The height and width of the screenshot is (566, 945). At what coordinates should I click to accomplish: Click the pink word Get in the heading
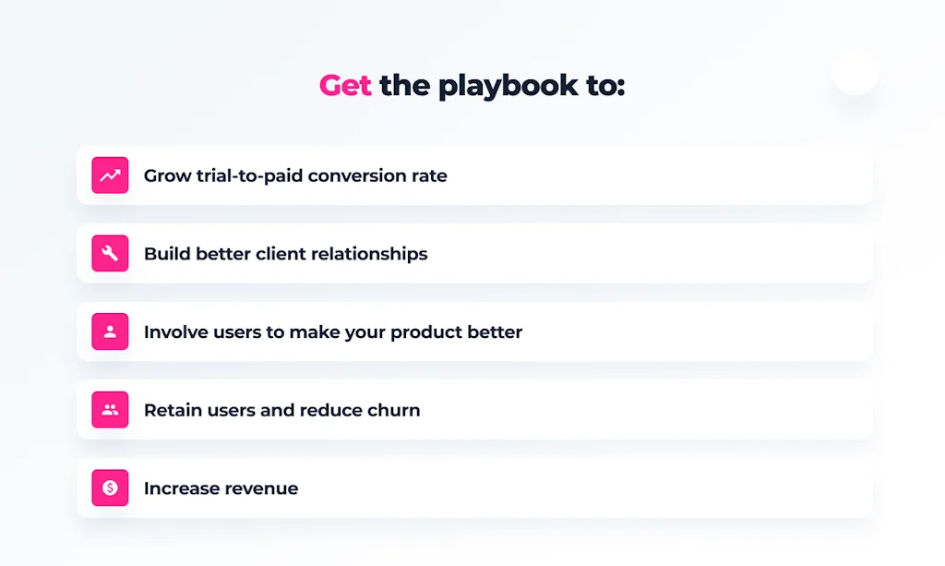point(345,85)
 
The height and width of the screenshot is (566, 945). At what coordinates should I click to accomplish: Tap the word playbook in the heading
point(508,86)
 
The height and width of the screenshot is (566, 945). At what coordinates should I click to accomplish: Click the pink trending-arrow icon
point(110,175)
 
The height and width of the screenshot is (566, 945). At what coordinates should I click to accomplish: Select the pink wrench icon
point(110,253)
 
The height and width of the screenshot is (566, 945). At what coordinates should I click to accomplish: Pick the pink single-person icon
point(110,331)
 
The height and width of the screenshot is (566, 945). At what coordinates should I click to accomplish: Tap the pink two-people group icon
point(110,410)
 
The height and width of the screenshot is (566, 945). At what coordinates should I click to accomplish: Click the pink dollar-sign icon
point(110,488)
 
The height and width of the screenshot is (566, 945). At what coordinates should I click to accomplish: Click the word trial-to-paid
point(249,176)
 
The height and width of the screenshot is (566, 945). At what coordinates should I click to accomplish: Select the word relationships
point(369,254)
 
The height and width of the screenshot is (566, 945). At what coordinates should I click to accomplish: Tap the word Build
point(166,254)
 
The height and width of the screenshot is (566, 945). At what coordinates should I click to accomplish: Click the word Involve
point(172,332)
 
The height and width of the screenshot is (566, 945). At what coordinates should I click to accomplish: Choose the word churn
point(394,410)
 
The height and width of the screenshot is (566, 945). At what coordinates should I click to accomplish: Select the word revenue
point(265,488)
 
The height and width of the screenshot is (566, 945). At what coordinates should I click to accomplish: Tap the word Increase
point(185,488)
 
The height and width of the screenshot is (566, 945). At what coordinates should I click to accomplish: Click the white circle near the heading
point(855,72)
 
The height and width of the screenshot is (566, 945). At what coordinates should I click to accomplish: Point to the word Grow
point(168,176)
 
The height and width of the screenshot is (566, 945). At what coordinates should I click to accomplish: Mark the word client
point(281,254)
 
